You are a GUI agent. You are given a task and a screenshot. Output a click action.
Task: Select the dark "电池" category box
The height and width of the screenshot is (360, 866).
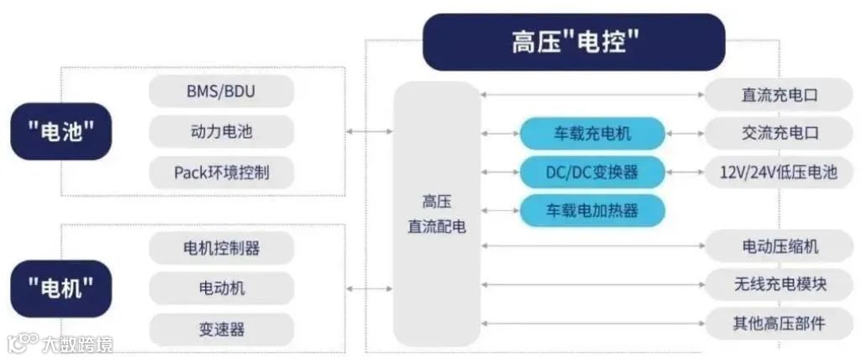coord(61,131)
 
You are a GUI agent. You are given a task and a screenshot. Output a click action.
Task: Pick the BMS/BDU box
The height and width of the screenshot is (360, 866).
coord(222,92)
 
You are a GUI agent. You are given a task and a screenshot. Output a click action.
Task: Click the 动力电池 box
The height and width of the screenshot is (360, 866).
coord(222,132)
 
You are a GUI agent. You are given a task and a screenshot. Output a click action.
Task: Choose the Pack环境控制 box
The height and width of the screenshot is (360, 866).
coord(222,172)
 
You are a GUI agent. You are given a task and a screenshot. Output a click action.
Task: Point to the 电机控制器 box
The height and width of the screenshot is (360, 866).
coord(222,248)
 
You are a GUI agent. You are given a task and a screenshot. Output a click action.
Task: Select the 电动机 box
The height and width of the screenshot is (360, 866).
coord(222,289)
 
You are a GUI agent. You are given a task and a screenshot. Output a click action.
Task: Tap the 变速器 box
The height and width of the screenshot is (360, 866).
coord(222,329)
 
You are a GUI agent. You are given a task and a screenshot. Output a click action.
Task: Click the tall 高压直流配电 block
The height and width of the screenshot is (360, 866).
coord(437,214)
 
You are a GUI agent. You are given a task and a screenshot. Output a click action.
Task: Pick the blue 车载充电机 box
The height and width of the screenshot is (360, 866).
coord(592,133)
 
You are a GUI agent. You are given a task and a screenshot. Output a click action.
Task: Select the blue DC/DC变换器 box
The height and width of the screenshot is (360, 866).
coord(592,172)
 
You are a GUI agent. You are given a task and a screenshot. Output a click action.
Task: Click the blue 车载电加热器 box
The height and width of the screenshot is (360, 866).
coord(592,210)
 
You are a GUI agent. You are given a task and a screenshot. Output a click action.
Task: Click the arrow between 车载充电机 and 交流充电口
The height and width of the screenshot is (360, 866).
coord(684,133)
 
